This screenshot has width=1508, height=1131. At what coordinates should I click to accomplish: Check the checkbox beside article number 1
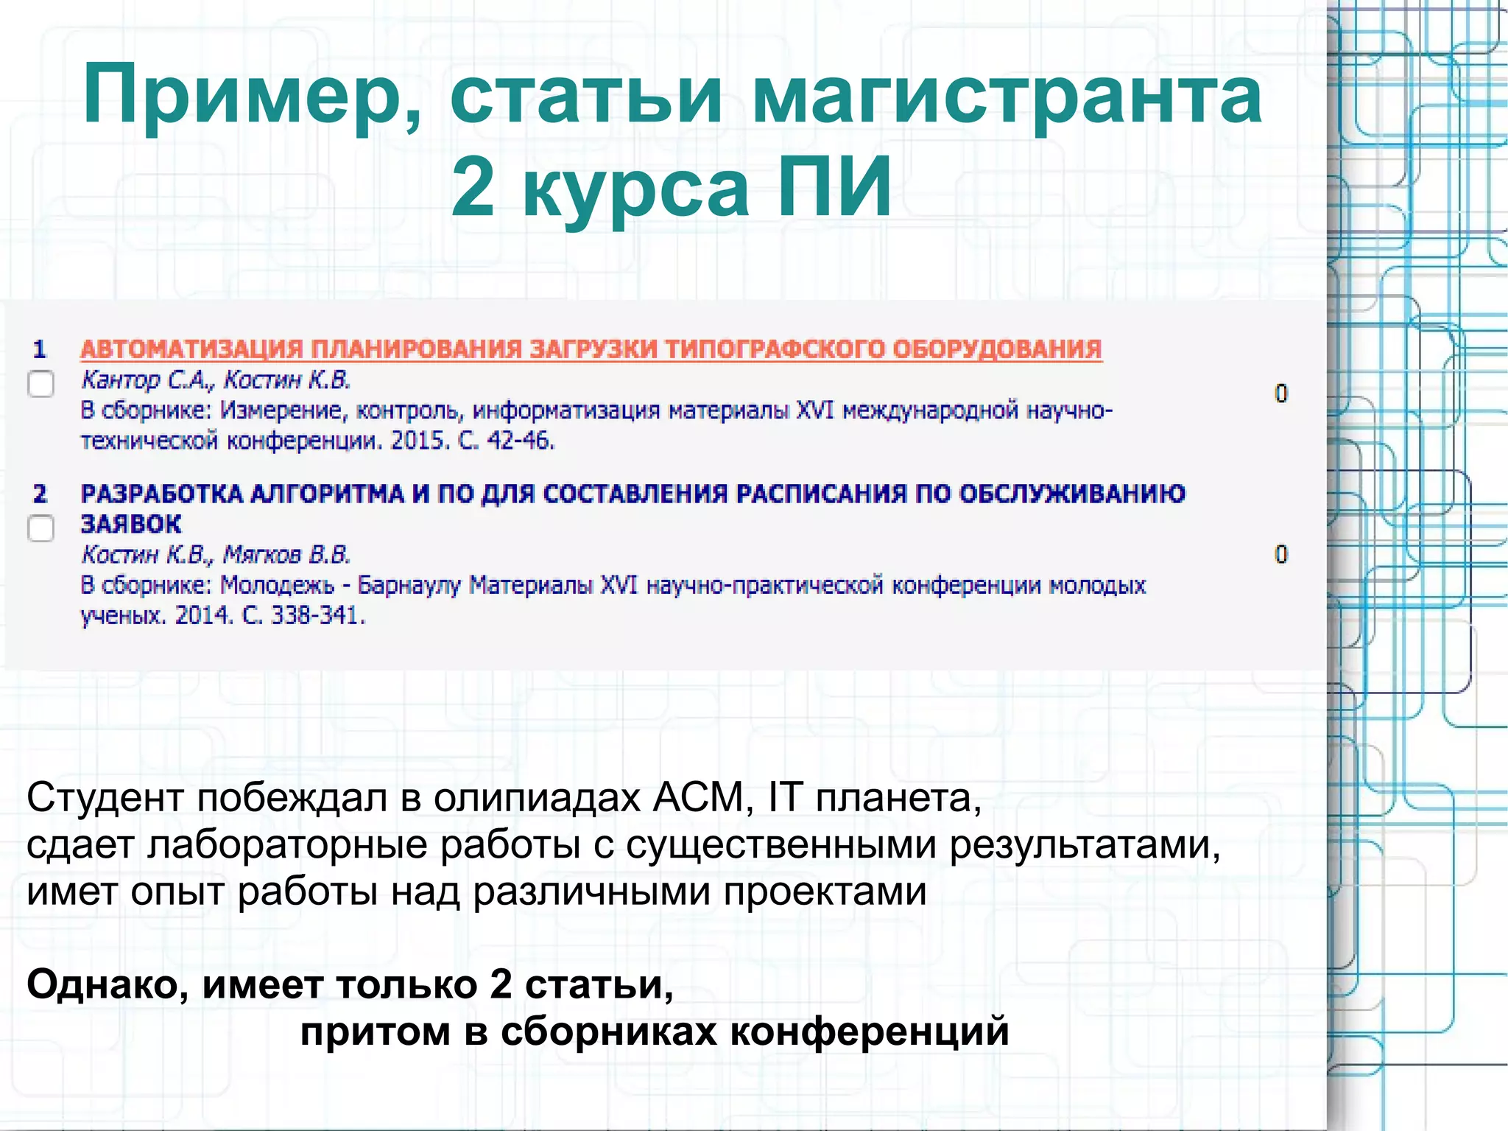pos(41,384)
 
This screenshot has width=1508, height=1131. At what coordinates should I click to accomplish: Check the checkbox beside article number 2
pos(41,528)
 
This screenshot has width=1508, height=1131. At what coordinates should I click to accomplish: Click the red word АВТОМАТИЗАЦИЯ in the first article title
pos(191,349)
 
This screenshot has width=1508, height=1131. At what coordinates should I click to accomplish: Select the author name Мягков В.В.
pos(287,554)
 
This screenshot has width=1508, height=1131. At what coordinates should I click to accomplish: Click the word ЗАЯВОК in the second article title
pos(131,524)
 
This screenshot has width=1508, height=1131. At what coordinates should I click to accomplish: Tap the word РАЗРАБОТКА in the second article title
pos(161,494)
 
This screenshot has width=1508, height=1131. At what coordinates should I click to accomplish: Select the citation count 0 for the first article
pos(1281,393)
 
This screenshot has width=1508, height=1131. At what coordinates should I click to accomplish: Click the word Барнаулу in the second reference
pos(409,585)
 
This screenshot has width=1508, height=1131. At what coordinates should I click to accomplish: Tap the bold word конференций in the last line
pos(870,1031)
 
